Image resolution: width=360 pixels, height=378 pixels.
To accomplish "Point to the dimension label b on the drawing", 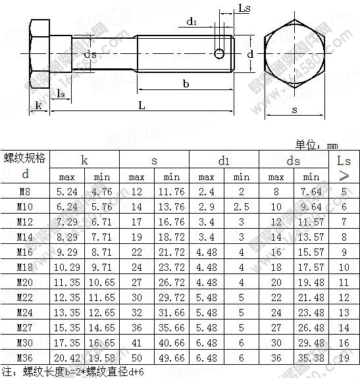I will [186, 83].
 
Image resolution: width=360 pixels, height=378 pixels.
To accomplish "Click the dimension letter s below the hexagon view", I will [294, 109].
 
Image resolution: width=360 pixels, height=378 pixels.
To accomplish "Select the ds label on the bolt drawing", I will [90, 55].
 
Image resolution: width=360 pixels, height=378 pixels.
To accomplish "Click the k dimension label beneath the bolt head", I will [38, 105].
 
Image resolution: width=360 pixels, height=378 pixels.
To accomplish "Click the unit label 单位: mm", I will [319, 145].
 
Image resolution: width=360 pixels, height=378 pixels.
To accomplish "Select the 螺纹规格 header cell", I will [26, 157].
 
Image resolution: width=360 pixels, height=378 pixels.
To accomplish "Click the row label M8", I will [26, 191].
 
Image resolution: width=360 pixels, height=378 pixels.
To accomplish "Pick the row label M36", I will [26, 357].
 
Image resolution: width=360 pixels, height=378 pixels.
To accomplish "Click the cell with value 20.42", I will [67, 357].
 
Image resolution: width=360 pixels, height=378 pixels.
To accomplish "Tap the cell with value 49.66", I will [172, 357].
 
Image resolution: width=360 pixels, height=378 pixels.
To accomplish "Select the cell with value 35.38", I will [311, 357].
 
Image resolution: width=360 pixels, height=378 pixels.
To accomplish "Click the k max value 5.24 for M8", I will [67, 191].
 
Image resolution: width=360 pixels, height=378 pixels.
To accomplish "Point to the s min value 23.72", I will [172, 267].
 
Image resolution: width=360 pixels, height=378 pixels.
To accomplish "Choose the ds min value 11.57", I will [311, 222].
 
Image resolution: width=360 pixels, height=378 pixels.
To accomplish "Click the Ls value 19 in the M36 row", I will [344, 357].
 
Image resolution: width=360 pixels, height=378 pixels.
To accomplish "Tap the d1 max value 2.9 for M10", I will [206, 206].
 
